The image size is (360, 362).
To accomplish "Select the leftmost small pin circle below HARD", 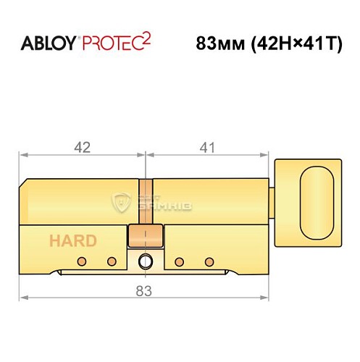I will [83, 261].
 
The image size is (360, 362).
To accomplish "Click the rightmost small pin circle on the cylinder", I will [209, 261].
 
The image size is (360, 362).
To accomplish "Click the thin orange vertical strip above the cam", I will [146, 200].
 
